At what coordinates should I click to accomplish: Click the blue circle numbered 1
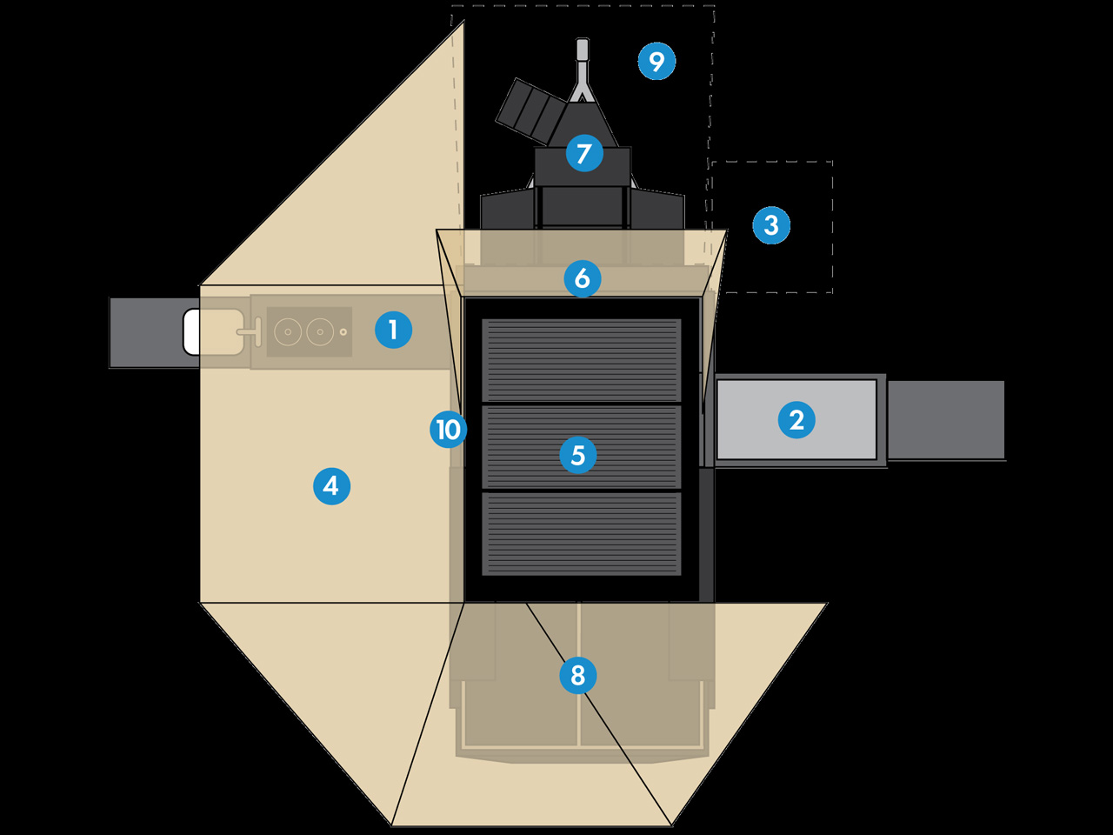(393, 330)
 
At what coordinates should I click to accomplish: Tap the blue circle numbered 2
(796, 419)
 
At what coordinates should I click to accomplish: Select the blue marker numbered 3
(771, 224)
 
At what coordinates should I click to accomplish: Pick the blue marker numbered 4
(331, 485)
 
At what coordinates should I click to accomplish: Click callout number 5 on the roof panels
(578, 455)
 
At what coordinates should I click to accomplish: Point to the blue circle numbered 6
(583, 278)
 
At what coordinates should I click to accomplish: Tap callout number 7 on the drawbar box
(584, 153)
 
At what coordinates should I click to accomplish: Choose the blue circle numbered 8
(578, 675)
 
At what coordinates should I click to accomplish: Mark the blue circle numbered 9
(656, 61)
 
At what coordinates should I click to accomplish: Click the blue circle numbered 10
(449, 429)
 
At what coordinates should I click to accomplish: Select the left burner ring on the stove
(288, 331)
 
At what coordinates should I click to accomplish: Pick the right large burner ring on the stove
(320, 331)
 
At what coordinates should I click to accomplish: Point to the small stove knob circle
(343, 331)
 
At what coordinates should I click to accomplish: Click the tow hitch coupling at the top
(583, 50)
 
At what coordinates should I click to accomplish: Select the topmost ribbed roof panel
(582, 360)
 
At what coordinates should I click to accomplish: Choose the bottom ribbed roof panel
(582, 533)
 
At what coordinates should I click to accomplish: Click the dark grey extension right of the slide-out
(946, 419)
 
